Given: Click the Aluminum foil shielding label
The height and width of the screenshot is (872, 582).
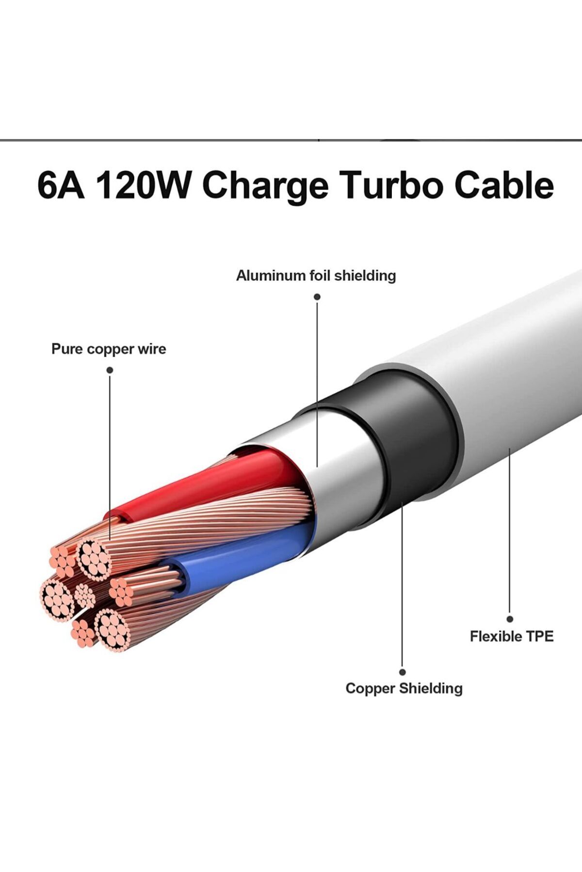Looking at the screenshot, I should pos(316,276).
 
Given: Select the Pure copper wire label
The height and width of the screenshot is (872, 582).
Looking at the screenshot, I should pos(109,349).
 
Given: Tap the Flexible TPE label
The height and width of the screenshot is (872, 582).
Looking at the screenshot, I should pos(512,636).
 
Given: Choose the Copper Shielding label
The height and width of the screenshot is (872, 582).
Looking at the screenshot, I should pos(404,688).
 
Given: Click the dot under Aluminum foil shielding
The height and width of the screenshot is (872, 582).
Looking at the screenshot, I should pos(317,296).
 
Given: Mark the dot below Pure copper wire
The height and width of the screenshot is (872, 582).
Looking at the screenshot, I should pos(110,370).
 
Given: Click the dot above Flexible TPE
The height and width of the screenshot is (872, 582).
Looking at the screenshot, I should pos(510,619).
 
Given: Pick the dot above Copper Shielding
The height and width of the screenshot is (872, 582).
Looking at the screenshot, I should pos(403,672).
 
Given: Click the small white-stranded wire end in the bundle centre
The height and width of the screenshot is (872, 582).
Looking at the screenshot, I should pos(85,595).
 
